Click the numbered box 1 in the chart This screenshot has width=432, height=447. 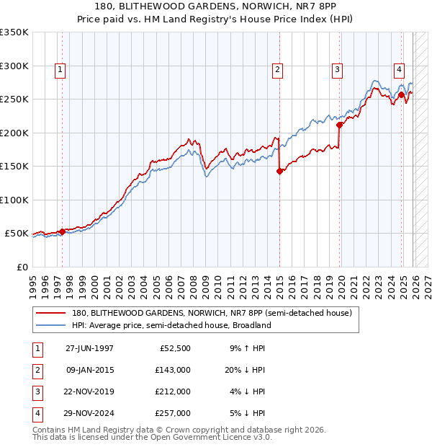(x=59, y=70)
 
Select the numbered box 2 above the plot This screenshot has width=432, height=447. (x=277, y=70)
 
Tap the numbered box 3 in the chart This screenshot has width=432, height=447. (x=337, y=70)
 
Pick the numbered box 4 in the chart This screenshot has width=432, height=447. (x=398, y=70)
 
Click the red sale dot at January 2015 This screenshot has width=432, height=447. (x=279, y=172)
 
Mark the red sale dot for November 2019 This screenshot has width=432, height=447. (x=339, y=125)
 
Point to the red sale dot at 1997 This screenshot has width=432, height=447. (x=63, y=231)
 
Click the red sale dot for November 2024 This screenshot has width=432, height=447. (x=401, y=94)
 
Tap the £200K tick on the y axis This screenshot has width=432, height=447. (x=15, y=133)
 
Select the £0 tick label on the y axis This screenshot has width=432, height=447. (x=22, y=267)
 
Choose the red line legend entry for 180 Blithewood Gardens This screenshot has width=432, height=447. (x=212, y=314)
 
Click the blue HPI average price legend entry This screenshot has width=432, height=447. (x=171, y=325)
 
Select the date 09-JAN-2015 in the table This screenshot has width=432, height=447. (x=90, y=370)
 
